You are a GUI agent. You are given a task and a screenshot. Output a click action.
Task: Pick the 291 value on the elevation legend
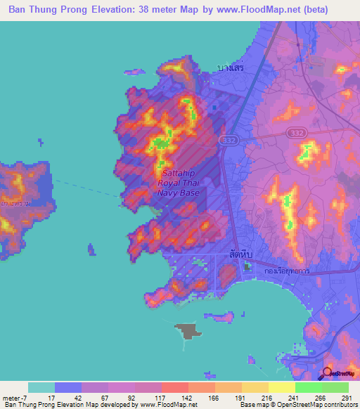point(347,397)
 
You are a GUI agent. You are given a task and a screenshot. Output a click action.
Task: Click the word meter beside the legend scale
point(13,397)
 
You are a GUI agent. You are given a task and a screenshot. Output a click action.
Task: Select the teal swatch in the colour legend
point(41,387)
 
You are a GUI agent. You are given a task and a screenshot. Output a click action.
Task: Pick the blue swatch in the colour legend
point(68,387)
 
